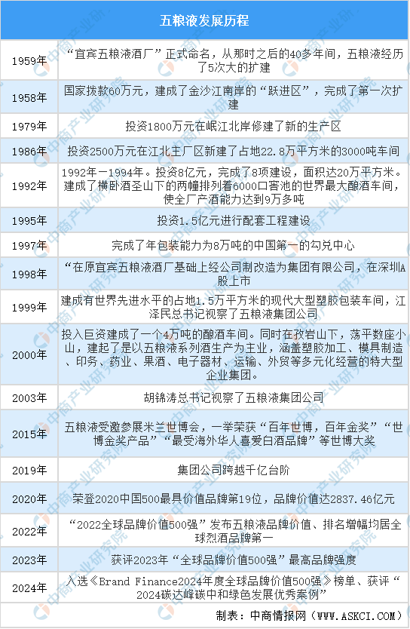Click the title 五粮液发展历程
click(204, 20)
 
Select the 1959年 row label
click(29, 61)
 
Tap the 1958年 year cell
click(29, 98)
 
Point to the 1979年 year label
click(29, 127)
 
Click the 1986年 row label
click(29, 152)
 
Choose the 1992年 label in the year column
click(29, 186)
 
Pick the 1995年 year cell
click(29, 221)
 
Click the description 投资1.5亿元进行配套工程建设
click(234, 221)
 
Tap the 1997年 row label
click(29, 246)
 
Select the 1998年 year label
click(29, 275)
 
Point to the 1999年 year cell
click(29, 307)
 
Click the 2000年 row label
click(29, 355)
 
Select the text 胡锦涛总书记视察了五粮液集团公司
click(234, 397)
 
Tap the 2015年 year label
click(29, 434)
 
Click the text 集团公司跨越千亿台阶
click(234, 470)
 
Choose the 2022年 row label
click(29, 532)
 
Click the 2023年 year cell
click(29, 560)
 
